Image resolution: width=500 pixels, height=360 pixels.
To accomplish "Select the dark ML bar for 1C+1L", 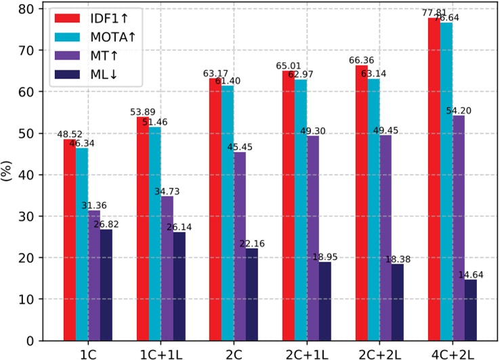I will (x=179, y=285).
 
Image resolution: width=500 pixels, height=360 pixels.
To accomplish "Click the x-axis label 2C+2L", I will (x=373, y=353).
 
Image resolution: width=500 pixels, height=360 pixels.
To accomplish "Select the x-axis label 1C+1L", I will (x=161, y=353).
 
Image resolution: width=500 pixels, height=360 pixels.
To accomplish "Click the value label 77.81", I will (x=432, y=12).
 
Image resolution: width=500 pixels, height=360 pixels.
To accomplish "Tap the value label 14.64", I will (x=472, y=275).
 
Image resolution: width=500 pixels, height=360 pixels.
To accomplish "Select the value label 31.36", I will (x=94, y=205).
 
